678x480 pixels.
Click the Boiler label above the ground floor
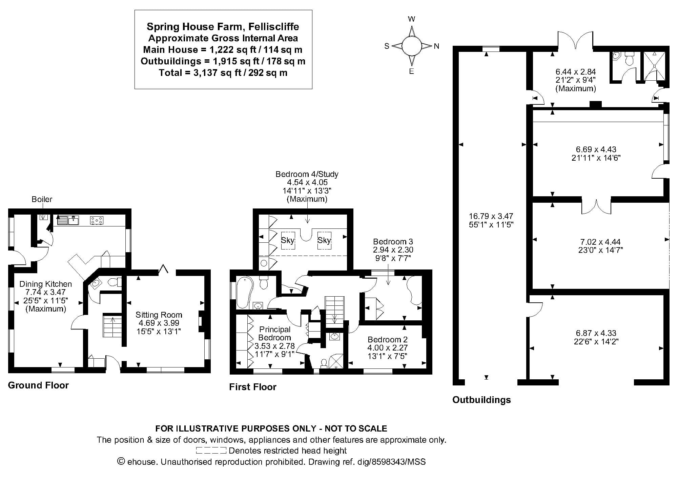pos(42,199)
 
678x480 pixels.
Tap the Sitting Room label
pos(159,315)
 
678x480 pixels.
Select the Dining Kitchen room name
pos(45,284)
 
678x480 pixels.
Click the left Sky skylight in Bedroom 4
pos(288,240)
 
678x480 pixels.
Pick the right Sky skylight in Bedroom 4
pos(324,240)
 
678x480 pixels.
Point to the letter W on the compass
pos(412,19)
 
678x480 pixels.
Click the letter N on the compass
pos(436,46)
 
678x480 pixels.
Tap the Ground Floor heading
pos(38,385)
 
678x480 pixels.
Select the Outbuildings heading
pos(481,400)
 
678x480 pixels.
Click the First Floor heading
pos(253,387)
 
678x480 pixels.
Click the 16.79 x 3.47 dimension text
pos(491,216)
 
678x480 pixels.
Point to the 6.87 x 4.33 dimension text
pos(596,333)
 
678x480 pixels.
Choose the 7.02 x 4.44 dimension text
pos(600,242)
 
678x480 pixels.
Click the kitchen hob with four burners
pos(97,220)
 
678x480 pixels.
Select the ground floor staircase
pos(112,326)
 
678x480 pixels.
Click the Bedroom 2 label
pos(388,339)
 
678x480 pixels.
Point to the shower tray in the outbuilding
pos(654,66)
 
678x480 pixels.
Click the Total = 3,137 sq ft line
pos(223,73)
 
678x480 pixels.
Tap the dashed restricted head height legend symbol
pos(211,451)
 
